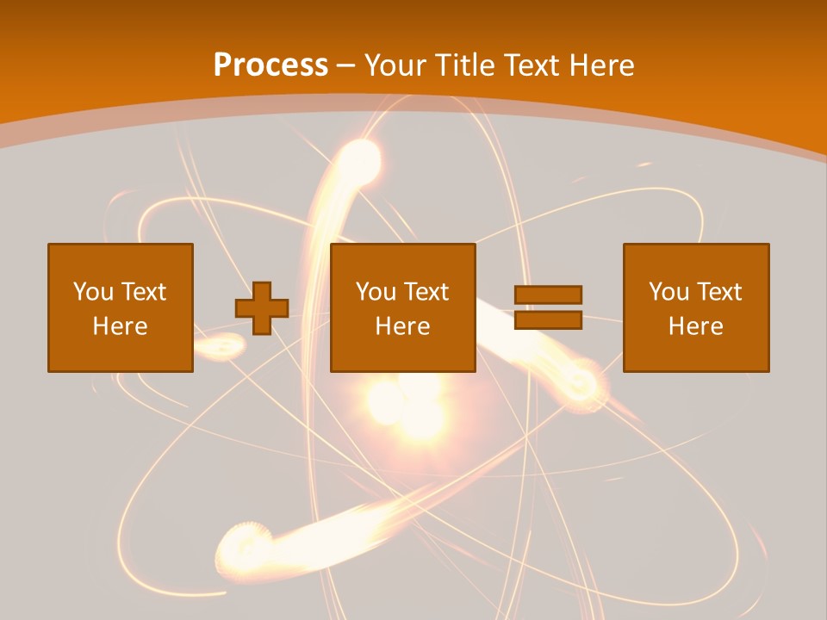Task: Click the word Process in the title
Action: coord(270,65)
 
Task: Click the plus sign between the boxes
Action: coord(262,308)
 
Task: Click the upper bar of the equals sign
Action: coord(548,294)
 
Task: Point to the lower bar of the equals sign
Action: coord(548,319)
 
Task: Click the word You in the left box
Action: coord(93,292)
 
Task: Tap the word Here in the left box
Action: coord(120,326)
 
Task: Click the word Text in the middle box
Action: coord(426,292)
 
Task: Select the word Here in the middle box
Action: coord(402,326)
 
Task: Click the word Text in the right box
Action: coord(719,292)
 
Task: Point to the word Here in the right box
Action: coord(695,326)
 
